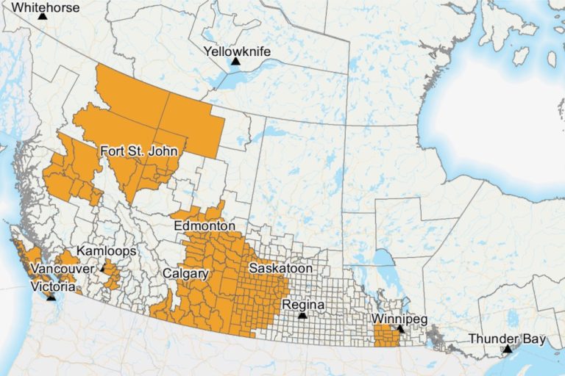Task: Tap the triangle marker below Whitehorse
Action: click(x=43, y=16)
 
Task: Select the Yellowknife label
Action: click(x=237, y=51)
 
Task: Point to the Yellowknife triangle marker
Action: click(x=235, y=62)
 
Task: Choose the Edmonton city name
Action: click(x=205, y=226)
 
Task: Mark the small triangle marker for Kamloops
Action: click(x=103, y=269)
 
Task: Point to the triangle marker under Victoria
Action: click(x=51, y=297)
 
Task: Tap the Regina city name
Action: click(x=303, y=304)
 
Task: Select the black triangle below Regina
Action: click(x=302, y=315)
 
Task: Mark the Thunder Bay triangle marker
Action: click(x=506, y=349)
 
